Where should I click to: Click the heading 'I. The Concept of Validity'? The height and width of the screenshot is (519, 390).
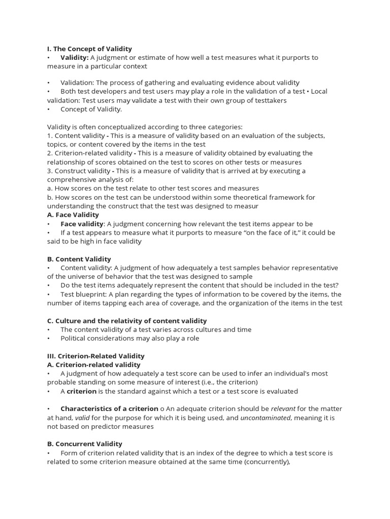(89, 49)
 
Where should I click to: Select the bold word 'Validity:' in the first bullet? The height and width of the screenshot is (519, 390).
(75, 57)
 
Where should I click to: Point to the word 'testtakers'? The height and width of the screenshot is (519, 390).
(270, 100)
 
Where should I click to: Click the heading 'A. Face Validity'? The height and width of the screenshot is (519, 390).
(73, 215)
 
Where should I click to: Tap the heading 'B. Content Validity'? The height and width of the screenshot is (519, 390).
(79, 259)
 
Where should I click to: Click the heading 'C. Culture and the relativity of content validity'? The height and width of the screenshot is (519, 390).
(127, 321)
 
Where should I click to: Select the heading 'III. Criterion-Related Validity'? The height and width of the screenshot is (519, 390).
(96, 356)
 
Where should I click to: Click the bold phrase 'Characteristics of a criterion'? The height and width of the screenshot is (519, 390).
(109, 409)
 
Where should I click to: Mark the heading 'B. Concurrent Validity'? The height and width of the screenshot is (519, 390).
(85, 444)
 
